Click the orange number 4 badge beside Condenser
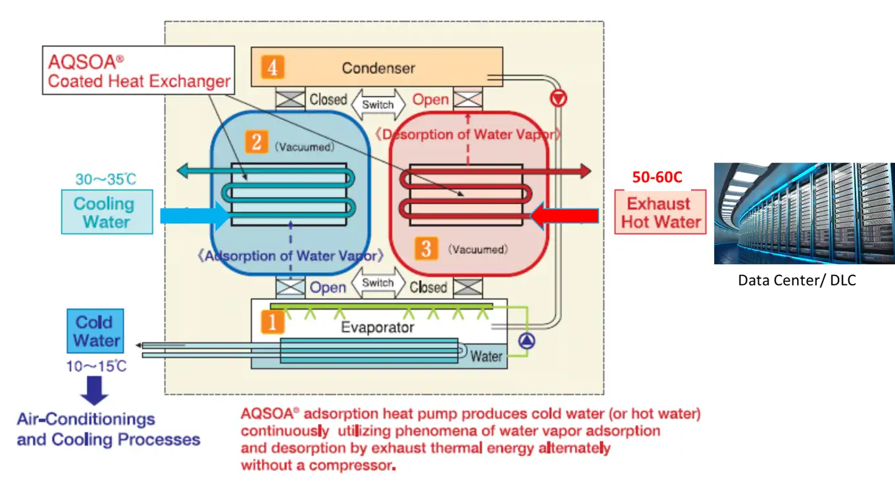(272, 67)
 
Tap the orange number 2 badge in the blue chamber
(255, 142)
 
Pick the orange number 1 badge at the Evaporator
(272, 322)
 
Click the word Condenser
(378, 68)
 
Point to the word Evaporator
(377, 328)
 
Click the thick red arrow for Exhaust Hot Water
(564, 215)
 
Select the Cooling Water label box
(107, 212)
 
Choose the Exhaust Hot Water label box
(660, 212)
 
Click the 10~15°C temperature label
(96, 366)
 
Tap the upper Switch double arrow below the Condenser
(378, 104)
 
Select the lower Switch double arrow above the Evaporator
(378, 283)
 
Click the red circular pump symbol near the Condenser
(559, 100)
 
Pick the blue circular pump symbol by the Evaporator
(528, 341)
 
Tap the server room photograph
(804, 213)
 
